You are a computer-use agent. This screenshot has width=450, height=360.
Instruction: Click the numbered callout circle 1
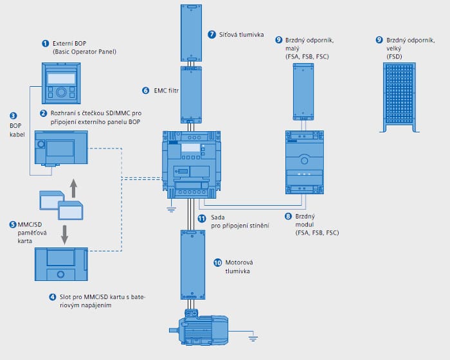[45, 43]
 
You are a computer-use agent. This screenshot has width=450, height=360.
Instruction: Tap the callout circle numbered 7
[212, 33]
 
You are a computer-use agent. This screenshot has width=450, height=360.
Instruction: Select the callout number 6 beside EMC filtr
[145, 91]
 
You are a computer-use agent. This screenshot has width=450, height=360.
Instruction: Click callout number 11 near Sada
[201, 219]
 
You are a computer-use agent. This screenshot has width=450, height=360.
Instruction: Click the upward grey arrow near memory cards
[73, 189]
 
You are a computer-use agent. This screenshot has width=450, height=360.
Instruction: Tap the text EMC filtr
[166, 91]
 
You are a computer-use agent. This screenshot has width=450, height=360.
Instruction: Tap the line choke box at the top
[192, 31]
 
